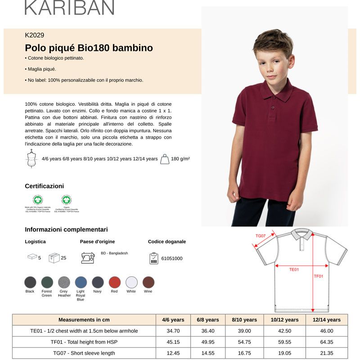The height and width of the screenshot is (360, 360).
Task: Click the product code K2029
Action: pyautogui.click(x=35, y=35)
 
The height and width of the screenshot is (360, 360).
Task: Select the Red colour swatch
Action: pyautogui.click(x=115, y=282)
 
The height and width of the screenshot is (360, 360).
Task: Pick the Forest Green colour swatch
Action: pyautogui.click(x=47, y=282)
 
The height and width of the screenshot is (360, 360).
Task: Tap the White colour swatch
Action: pyautogui.click(x=131, y=282)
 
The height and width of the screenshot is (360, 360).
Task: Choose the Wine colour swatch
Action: pyautogui.click(x=148, y=282)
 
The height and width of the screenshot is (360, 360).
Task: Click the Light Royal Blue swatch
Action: pyautogui.click(x=81, y=282)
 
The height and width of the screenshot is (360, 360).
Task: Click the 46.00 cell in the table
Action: pyautogui.click(x=327, y=331)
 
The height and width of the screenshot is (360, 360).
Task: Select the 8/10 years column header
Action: pyautogui.click(x=244, y=320)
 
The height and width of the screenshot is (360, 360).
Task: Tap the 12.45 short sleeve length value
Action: pyautogui.click(x=173, y=353)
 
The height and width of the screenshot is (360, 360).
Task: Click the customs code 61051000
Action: pyautogui.click(x=171, y=258)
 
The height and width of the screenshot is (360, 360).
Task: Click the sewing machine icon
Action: pyautogui.click(x=88, y=257)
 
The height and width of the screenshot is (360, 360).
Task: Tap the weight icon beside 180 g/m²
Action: pyautogui.click(x=165, y=159)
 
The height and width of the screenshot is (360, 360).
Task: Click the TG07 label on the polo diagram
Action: pyautogui.click(x=261, y=236)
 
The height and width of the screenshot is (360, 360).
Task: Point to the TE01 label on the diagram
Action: pyautogui.click(x=294, y=269)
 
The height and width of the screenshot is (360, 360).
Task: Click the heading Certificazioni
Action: pyautogui.click(x=45, y=186)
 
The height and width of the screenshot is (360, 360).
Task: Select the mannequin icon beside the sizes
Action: pyautogui.click(x=31, y=158)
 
